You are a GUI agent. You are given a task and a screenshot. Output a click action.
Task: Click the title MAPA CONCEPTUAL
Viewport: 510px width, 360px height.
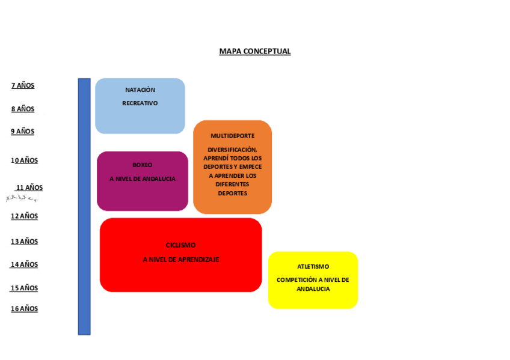254,52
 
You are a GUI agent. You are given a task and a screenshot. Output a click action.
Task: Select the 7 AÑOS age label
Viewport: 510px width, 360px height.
23,86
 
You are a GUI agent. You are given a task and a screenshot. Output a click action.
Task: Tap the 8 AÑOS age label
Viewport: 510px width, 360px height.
23,109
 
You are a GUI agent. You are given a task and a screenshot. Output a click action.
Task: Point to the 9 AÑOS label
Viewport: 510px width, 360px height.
23,132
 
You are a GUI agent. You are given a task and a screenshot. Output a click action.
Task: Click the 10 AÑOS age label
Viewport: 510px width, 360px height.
24,160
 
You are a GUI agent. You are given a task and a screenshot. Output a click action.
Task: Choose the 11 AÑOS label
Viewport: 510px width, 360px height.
29,188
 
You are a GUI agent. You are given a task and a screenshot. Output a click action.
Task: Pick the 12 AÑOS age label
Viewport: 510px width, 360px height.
24,216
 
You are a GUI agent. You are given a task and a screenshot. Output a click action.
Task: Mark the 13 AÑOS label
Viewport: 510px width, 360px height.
24,242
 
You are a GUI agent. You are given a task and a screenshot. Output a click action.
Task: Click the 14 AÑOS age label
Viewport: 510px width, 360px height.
24,264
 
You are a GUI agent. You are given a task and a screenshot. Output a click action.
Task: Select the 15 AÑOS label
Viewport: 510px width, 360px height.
24,288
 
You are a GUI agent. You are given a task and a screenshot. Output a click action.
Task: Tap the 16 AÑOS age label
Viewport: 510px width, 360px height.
24,309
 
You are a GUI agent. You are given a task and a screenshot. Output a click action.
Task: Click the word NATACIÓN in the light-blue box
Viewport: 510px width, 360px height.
140,90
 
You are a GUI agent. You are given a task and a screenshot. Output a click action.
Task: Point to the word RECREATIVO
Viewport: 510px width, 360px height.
140,103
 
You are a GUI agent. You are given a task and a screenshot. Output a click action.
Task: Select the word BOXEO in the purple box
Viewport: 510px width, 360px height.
143,165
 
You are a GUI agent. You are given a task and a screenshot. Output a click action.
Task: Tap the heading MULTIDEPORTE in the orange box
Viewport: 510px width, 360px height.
232,136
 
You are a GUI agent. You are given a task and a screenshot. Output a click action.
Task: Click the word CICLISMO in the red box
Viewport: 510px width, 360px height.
181,245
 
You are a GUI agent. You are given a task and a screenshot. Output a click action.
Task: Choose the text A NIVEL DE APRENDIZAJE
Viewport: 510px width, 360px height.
181,260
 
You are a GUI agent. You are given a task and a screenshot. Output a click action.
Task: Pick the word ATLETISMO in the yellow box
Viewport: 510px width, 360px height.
313,266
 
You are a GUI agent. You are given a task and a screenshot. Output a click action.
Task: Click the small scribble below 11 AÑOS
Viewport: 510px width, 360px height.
22,198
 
